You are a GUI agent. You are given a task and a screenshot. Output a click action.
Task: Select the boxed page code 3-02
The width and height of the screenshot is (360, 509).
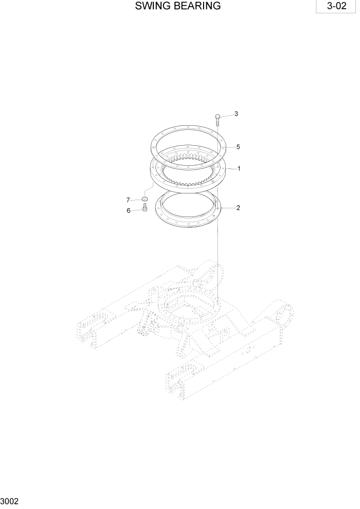click(x=335, y=7)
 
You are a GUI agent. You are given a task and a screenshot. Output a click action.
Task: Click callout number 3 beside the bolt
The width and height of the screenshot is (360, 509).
click(x=236, y=114)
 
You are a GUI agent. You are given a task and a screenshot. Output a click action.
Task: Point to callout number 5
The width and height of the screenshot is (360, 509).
click(x=238, y=147)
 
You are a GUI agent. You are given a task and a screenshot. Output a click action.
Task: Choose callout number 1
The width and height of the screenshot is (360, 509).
click(x=238, y=168)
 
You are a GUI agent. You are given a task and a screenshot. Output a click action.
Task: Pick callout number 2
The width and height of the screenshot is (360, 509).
click(x=238, y=208)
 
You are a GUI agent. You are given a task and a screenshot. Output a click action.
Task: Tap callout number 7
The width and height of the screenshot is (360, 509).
click(x=128, y=200)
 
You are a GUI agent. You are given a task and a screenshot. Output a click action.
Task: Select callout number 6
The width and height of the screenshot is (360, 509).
click(x=128, y=210)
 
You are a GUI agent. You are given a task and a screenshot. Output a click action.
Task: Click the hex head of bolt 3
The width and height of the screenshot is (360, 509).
click(x=217, y=118)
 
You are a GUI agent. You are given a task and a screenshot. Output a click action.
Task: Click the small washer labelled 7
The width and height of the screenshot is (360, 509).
click(x=145, y=199)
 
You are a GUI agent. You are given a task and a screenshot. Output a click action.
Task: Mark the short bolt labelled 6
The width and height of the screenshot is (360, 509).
click(x=145, y=208)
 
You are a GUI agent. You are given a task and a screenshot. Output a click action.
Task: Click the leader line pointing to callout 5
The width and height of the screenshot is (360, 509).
click(x=229, y=147)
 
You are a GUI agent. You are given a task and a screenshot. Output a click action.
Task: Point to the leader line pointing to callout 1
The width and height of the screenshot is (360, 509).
click(x=231, y=168)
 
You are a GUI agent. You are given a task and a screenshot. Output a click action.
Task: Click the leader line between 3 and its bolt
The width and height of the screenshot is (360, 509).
click(x=226, y=115)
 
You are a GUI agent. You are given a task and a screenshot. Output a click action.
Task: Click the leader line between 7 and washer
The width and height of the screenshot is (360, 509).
click(x=136, y=199)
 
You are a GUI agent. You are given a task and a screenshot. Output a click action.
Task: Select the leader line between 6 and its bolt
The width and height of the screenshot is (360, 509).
click(x=136, y=209)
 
